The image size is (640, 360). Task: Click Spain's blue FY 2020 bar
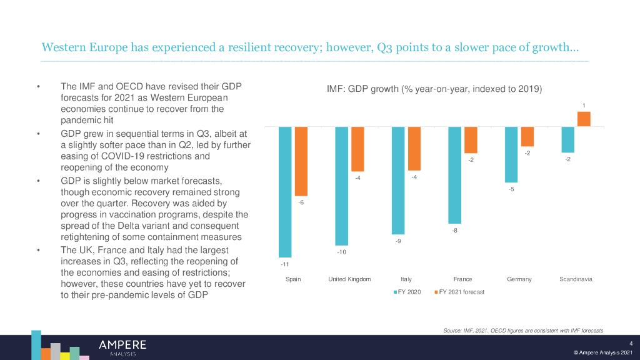coord(285,192)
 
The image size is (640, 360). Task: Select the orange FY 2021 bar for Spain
coord(301,161)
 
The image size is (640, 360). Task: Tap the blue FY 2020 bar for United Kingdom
coord(342,186)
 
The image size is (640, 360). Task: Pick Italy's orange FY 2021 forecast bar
coord(414,149)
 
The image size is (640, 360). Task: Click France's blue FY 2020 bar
coord(454,175)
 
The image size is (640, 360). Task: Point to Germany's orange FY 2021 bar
coord(527,136)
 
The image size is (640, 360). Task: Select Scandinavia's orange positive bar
coord(584,119)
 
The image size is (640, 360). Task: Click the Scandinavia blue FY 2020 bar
coord(567,139)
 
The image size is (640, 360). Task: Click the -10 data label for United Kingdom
coord(342,252)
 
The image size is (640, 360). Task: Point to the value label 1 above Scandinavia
coord(584,106)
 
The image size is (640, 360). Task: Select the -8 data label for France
coord(454,231)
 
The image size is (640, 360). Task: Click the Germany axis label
coord(519,279)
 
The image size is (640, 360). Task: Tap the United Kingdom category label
coord(349,279)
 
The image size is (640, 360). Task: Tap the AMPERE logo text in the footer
coord(122,345)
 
